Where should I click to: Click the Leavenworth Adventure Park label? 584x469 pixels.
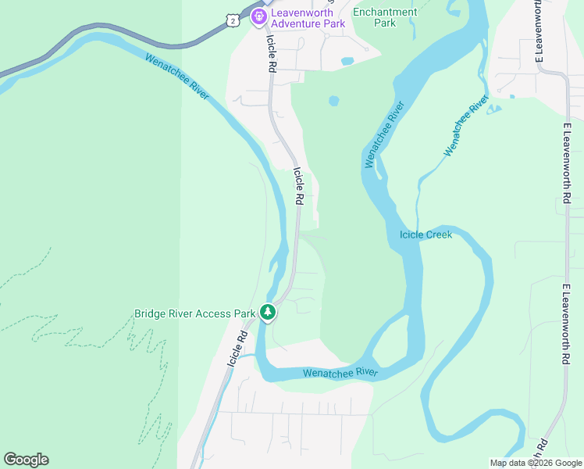pyautogui.click(x=308, y=18)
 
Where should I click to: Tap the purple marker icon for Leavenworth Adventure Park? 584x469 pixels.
pyautogui.click(x=259, y=17)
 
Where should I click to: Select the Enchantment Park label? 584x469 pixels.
pyautogui.click(x=385, y=17)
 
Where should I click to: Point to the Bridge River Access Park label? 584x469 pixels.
pyautogui.click(x=195, y=313)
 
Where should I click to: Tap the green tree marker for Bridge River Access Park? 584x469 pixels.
pyautogui.click(x=268, y=312)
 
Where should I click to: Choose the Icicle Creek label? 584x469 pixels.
pyautogui.click(x=426, y=234)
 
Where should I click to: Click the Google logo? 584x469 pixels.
pyautogui.click(x=26, y=460)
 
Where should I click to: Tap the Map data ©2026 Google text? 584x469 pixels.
pyautogui.click(x=536, y=463)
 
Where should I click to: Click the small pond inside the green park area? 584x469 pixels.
pyautogui.click(x=334, y=101)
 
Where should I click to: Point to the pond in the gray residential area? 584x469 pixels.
pyautogui.click(x=347, y=60)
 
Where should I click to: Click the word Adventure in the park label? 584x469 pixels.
pyautogui.click(x=309, y=23)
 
